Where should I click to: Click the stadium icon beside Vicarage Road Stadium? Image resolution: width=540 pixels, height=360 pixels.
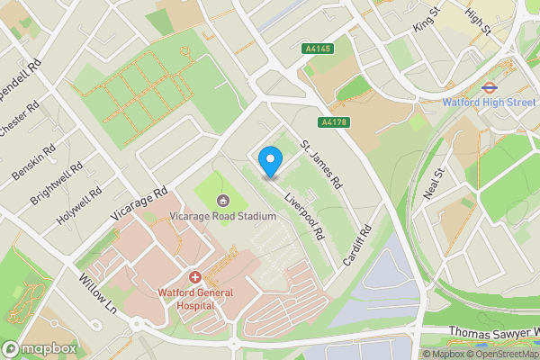coord(224,200)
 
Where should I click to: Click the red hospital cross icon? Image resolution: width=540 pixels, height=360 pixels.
coord(193,278)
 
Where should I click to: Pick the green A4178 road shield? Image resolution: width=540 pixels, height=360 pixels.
coord(333,121)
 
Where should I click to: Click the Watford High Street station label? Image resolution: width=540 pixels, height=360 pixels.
coord(489,103)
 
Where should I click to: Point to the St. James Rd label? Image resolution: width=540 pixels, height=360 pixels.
coord(321,165)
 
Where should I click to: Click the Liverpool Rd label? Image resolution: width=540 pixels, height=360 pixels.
coord(304,216)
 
